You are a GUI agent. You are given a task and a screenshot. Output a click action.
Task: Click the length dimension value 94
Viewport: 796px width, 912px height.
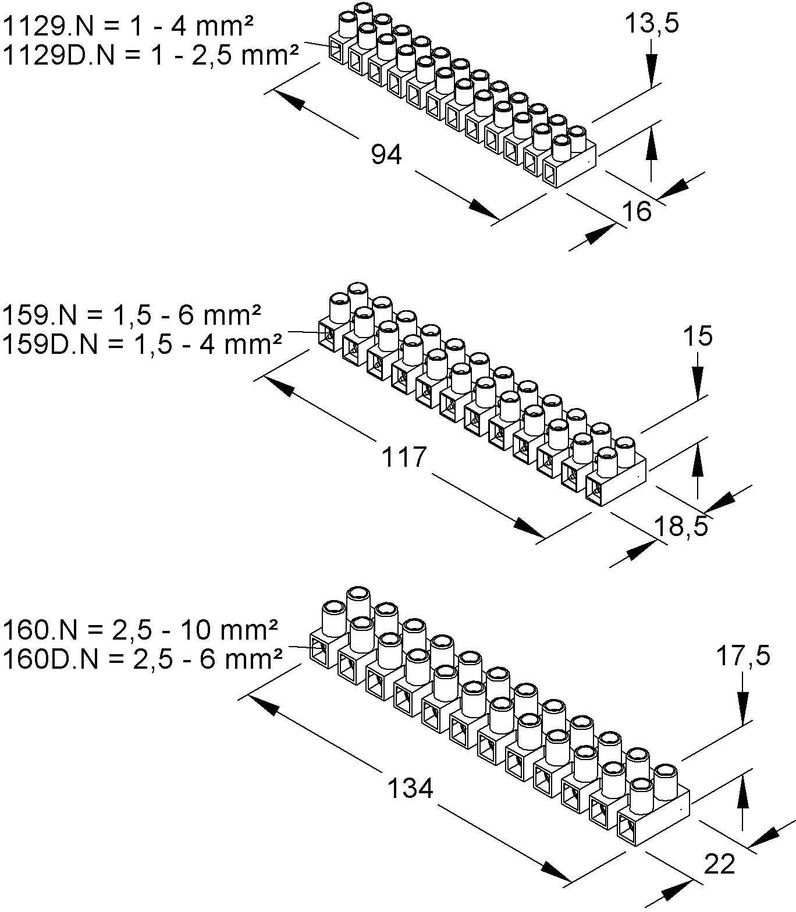point(386,155)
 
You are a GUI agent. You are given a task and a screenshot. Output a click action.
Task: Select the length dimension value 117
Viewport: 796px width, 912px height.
point(404,457)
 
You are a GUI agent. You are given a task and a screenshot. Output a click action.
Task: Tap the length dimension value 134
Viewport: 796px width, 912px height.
point(410,789)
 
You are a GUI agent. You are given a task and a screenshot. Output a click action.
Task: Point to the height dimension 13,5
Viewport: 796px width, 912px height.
point(652,24)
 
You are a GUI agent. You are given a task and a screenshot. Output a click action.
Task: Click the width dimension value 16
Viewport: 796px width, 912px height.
point(637,211)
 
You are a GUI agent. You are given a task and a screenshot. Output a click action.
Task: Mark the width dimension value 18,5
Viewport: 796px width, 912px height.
point(681,526)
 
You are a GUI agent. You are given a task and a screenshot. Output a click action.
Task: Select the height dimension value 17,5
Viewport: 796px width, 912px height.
point(742,656)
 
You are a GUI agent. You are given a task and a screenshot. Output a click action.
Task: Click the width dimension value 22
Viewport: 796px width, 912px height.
point(719,864)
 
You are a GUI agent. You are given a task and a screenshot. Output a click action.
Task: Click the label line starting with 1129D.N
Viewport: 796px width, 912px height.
point(151,55)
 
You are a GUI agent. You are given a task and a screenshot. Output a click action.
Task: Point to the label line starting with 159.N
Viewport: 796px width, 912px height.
point(132,315)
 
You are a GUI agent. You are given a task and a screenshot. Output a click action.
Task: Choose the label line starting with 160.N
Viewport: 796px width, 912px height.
point(140,630)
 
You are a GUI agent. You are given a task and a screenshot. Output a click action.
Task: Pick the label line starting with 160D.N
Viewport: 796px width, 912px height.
point(143,659)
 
